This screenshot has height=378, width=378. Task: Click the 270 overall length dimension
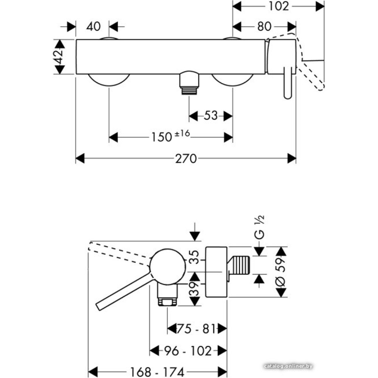point(186,159)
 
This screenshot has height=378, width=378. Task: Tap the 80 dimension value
point(264,27)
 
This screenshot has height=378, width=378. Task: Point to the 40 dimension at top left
point(93,27)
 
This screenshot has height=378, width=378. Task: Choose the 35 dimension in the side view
point(194,260)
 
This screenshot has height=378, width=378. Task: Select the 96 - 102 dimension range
point(188,351)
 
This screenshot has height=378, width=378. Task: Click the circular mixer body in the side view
point(168,266)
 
